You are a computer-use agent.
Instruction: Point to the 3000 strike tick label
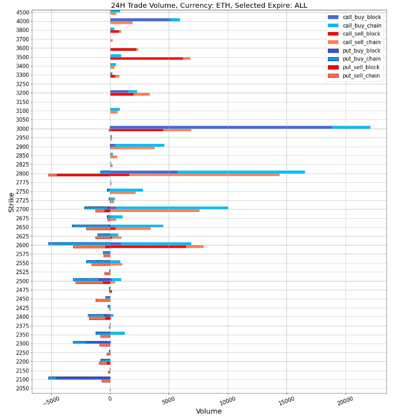pos(22,129)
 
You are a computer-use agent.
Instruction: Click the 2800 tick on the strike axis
pos(22,174)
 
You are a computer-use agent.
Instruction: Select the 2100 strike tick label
pos(22,380)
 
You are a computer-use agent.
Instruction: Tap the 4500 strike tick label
pos(22,12)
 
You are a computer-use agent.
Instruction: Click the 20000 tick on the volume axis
pos(345,401)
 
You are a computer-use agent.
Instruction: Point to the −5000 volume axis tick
pos(51,401)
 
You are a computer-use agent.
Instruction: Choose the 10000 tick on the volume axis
pos(227,401)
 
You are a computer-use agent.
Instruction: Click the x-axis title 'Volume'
pos(209,411)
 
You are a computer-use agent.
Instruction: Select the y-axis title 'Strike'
pos(11,203)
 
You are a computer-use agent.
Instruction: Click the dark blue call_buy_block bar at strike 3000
pos(220,127)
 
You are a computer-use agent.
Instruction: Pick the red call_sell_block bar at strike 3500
pos(146,58)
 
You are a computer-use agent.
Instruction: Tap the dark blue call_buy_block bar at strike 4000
pos(140,20)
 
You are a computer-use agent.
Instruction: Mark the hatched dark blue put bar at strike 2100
pos(83,378)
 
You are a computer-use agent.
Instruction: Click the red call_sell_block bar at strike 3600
pos(123,49)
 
